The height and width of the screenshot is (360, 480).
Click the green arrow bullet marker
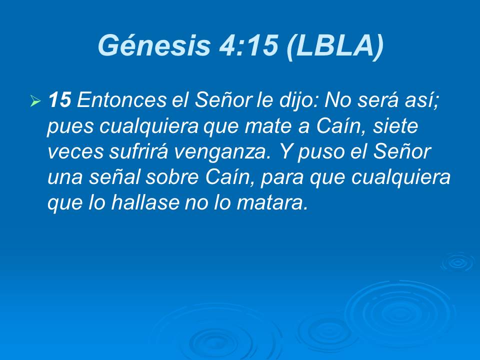click(x=35, y=102)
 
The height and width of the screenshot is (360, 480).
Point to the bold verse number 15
click(x=59, y=101)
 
